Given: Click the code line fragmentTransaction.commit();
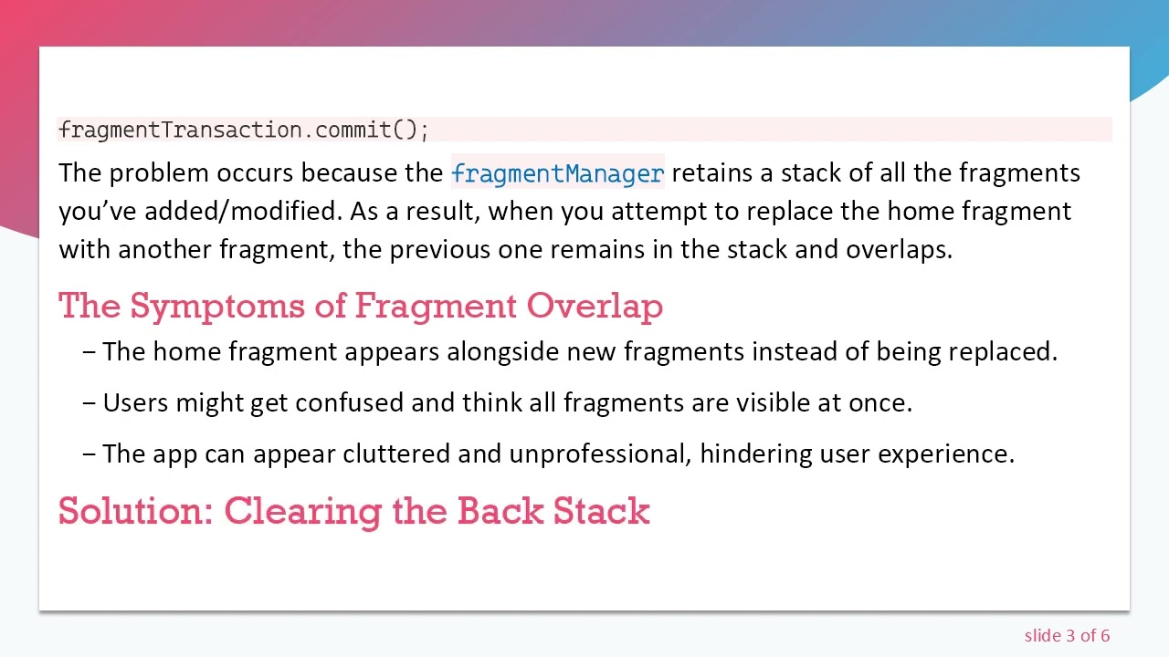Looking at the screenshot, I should pyautogui.click(x=244, y=130).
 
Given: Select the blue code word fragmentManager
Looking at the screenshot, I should pyautogui.click(x=557, y=173).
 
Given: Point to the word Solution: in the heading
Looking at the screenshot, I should pyautogui.click(x=136, y=511).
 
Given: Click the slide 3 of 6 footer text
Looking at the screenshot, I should pyautogui.click(x=1067, y=635).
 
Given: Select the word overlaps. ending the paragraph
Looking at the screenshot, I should pyautogui.click(x=899, y=249).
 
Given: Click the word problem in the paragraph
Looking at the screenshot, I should pyautogui.click(x=159, y=172).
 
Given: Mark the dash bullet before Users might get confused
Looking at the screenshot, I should pyautogui.click(x=89, y=403).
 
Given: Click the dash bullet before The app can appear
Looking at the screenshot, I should pyautogui.click(x=89, y=454).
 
